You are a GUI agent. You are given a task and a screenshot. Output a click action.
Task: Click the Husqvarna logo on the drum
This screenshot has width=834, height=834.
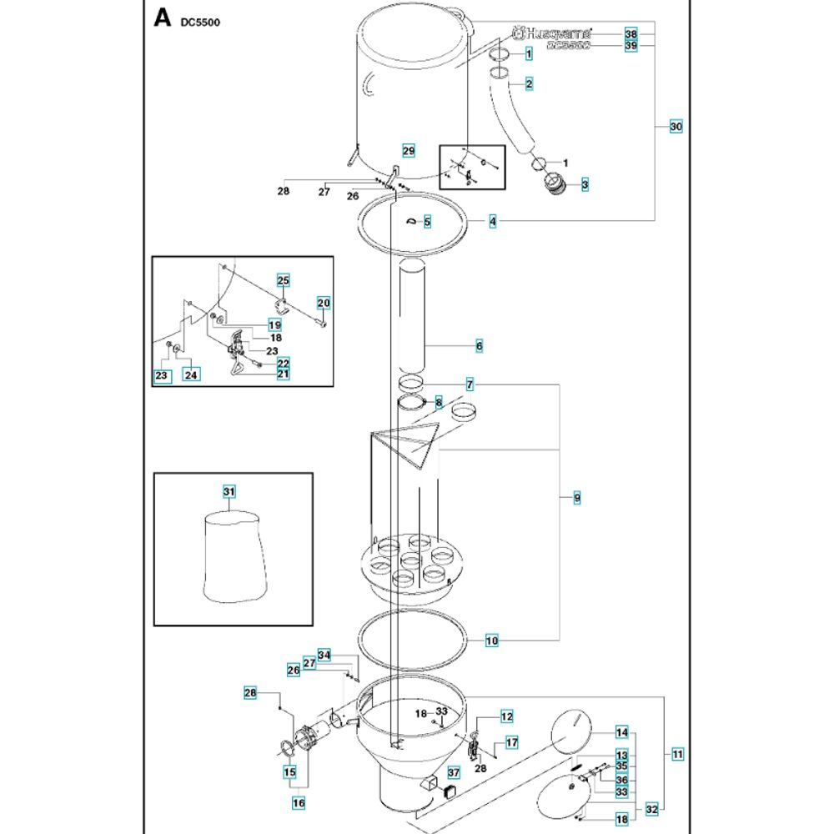[552, 33]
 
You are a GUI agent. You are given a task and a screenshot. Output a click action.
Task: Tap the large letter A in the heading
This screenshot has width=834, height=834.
[162, 18]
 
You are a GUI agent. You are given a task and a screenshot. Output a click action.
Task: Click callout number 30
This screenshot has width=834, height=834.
[676, 126]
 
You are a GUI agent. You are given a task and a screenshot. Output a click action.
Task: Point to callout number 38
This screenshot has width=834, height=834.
[631, 33]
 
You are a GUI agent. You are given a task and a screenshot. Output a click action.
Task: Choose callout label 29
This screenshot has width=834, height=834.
[408, 150]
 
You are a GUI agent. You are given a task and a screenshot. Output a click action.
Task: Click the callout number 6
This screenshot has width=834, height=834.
[479, 344]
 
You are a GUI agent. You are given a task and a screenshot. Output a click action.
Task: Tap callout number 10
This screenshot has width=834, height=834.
[492, 641]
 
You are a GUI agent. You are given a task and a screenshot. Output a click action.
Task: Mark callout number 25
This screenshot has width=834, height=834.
[283, 280]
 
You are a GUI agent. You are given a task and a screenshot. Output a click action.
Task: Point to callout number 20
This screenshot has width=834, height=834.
[324, 302]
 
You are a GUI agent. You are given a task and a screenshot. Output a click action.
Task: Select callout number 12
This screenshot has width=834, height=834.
[506, 716]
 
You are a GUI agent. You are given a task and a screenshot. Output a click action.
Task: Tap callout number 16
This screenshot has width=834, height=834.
[298, 802]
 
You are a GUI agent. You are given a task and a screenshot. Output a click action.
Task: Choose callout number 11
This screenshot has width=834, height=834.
[676, 754]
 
